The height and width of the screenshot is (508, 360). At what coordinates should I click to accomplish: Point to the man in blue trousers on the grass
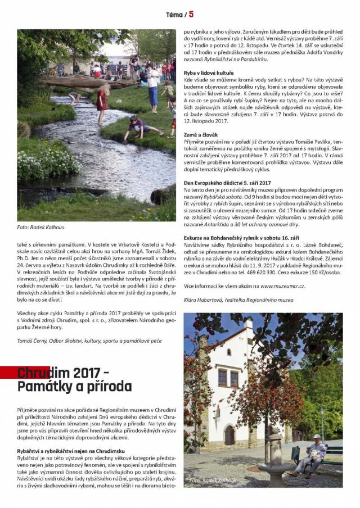152,85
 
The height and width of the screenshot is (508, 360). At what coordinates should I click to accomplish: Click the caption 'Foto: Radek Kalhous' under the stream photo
40,228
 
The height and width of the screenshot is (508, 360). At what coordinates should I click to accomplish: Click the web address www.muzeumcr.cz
275,286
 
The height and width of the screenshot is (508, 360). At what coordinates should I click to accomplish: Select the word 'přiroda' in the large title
103,387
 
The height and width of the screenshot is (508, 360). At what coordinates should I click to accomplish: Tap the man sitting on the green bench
314,455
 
